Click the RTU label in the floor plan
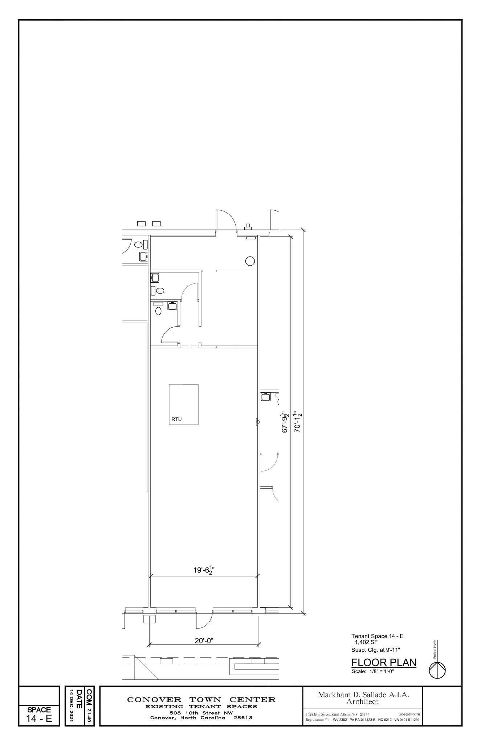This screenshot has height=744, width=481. coord(176,419)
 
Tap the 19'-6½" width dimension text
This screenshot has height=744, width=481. coord(204,570)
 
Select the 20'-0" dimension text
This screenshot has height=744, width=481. coord(204,640)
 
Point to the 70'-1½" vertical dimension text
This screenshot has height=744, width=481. coord(298,421)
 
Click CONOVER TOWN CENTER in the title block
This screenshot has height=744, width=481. coord(201,700)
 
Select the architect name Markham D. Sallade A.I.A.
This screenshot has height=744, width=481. coord(363,695)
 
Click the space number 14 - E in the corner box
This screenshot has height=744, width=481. coord(39,719)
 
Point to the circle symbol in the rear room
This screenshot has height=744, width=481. coord(250,261)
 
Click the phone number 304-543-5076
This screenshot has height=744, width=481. coord(409,715)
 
